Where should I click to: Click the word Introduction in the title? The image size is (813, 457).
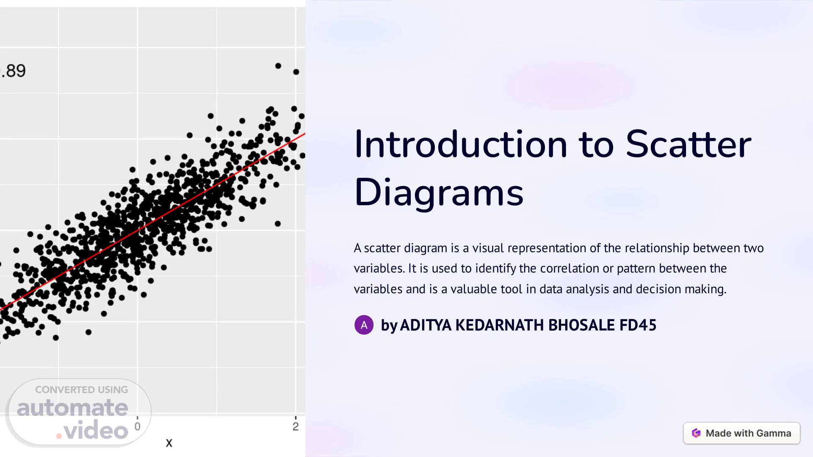461,144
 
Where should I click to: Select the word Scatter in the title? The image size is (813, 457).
689,144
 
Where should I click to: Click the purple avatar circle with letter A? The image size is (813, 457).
364,325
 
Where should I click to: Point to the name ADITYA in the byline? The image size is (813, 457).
426,325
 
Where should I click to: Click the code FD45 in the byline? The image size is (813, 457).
638,325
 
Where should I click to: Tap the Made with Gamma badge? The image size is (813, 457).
741,433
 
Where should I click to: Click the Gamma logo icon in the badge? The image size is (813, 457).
696,433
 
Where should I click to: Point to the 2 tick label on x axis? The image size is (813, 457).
296,427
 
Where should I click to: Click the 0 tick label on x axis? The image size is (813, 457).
137,427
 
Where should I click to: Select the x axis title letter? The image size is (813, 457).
169,443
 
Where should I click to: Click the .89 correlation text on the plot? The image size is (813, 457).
13,71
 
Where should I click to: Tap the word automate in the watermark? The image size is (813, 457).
72,408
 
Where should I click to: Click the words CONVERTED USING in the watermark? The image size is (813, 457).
81,390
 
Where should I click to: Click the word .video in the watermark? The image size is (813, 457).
92,430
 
